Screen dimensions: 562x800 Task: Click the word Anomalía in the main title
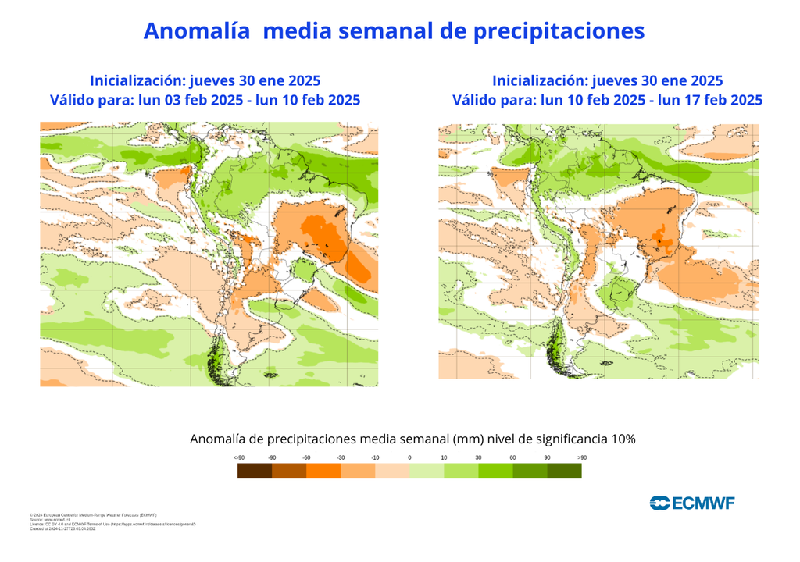point(196,30)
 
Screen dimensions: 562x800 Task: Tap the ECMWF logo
point(692,503)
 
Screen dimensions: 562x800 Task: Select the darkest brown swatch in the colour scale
point(255,471)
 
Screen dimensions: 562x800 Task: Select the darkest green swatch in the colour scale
point(564,471)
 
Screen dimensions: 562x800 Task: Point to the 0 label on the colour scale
point(409,457)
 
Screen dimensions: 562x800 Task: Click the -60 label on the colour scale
point(306,457)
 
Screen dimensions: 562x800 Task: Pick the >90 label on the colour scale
point(581,457)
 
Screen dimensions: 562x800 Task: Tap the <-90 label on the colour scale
point(238,457)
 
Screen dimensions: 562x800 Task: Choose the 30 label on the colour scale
point(478,457)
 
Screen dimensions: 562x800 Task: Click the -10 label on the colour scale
point(375,457)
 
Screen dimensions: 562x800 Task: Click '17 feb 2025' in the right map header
point(722,100)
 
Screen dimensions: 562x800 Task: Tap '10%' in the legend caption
point(620,439)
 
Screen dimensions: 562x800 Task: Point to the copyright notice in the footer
point(93,515)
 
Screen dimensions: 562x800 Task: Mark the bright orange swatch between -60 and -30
point(323,471)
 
